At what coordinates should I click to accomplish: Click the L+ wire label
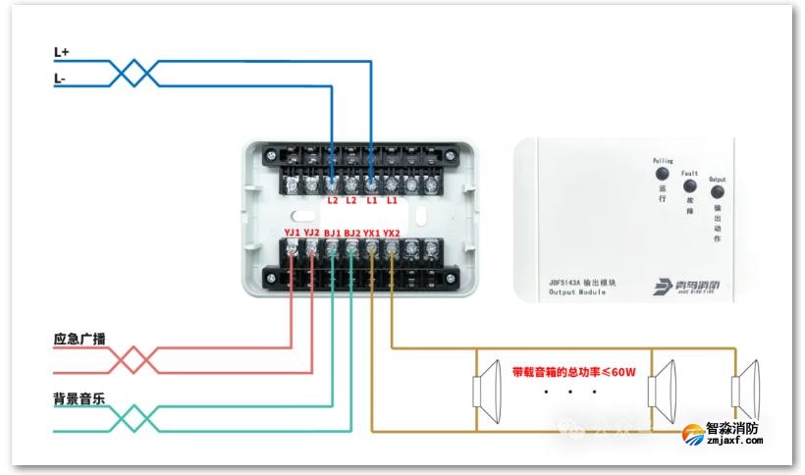pyautogui.click(x=62, y=51)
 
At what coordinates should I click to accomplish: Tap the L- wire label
pyautogui.click(x=61, y=79)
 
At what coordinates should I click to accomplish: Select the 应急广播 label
pyautogui.click(x=80, y=340)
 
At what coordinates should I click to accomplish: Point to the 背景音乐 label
pyautogui.click(x=80, y=400)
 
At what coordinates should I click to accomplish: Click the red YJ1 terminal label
pyautogui.click(x=293, y=233)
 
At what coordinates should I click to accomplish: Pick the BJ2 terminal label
pyautogui.click(x=352, y=233)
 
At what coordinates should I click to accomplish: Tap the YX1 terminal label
pyautogui.click(x=372, y=233)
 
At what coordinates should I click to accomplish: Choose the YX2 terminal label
pyautogui.click(x=392, y=233)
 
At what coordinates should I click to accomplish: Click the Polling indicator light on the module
pyautogui.click(x=662, y=174)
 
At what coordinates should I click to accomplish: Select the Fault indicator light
pyautogui.click(x=689, y=185)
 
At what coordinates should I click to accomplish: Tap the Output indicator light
pyautogui.click(x=717, y=193)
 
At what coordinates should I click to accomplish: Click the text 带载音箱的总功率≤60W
pyautogui.click(x=574, y=372)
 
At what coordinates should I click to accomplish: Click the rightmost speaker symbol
pyautogui.click(x=748, y=389)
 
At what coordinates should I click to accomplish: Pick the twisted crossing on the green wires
pyautogui.click(x=133, y=419)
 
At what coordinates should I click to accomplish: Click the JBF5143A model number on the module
pyautogui.click(x=568, y=282)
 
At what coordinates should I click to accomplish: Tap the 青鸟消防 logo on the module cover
pyautogui.click(x=687, y=287)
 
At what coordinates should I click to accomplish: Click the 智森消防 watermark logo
pyautogui.click(x=733, y=433)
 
